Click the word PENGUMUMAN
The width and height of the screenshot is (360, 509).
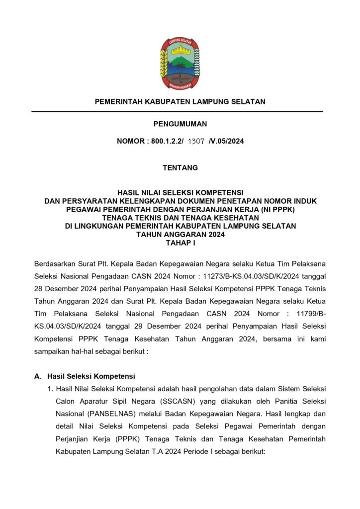[180, 124]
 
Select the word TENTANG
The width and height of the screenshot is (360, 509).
[180, 168]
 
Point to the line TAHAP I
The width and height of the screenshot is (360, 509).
[180, 242]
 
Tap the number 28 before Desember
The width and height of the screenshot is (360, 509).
[39, 288]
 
